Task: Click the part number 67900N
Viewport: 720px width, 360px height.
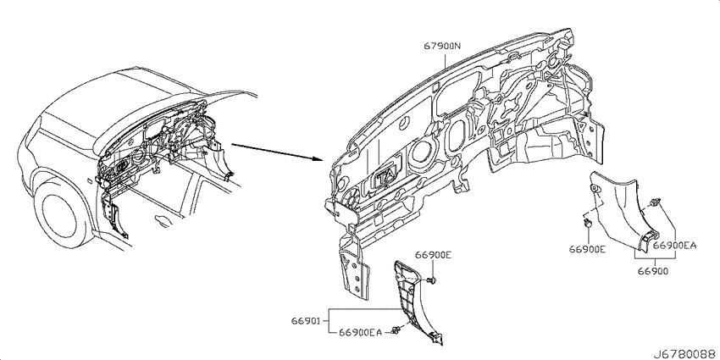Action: coord(441,46)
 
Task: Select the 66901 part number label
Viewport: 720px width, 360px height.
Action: coord(302,320)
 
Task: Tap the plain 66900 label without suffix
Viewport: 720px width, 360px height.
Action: coord(652,271)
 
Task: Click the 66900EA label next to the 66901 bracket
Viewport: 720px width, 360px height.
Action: coord(360,332)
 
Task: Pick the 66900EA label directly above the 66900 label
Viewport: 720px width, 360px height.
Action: coord(674,246)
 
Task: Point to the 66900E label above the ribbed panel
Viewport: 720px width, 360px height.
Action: coord(434,255)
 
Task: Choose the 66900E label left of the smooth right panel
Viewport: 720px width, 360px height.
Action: coord(587,249)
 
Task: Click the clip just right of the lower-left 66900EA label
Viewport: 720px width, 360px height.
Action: coord(395,330)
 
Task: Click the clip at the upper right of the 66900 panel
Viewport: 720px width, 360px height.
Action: coord(655,202)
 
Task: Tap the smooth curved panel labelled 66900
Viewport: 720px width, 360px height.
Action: coord(624,211)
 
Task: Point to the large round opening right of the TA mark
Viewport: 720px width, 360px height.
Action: coord(422,152)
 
